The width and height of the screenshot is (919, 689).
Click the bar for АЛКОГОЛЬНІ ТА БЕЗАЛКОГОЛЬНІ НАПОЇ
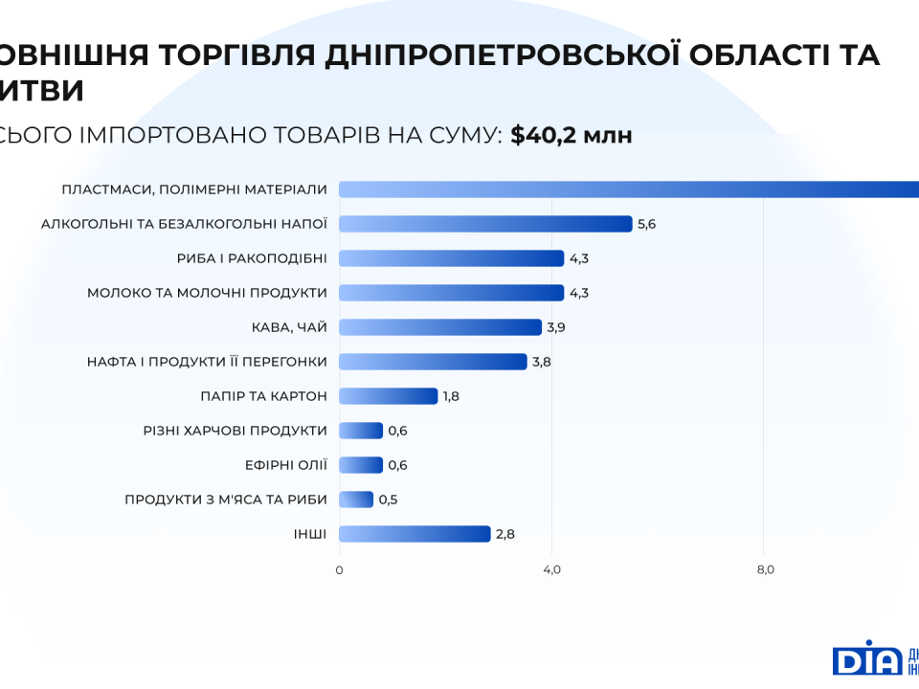485,224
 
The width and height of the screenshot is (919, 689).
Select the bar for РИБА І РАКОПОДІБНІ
451,258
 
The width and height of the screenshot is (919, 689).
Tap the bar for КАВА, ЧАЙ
440,327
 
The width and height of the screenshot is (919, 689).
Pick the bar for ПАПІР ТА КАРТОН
388,396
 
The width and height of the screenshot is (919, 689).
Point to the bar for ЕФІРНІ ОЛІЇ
361,465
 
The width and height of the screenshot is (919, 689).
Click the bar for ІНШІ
415,534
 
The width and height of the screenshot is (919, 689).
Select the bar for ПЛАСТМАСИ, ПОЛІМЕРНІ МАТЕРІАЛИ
629,189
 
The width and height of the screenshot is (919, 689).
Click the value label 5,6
646,224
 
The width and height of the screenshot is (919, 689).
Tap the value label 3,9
556,327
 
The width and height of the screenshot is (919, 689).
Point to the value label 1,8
451,396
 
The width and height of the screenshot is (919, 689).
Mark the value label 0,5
388,500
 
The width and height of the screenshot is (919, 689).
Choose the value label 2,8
505,534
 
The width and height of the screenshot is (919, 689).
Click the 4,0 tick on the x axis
552,570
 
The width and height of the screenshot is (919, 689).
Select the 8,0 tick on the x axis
765,570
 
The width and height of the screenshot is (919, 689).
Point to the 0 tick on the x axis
339,570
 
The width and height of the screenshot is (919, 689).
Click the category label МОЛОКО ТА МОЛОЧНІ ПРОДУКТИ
207,293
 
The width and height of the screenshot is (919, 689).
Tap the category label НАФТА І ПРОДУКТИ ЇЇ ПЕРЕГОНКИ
207,362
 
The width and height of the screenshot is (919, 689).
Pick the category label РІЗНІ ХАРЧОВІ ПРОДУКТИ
235,431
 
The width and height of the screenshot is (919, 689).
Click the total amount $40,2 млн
572,135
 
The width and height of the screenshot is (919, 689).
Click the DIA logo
867,658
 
